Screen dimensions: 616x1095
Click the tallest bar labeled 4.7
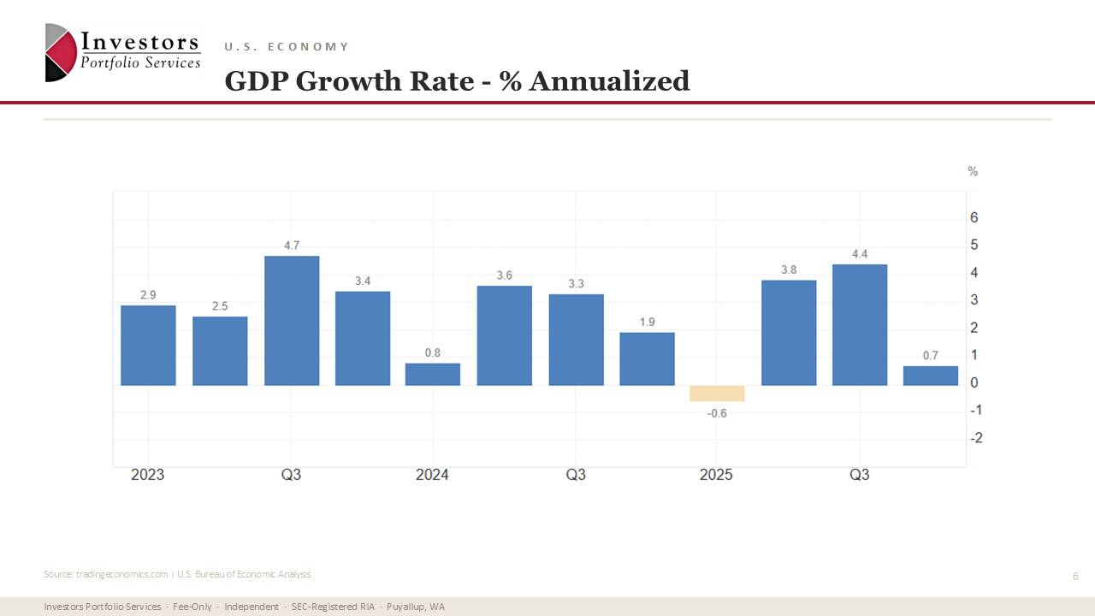(x=292, y=321)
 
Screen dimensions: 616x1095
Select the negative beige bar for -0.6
(x=717, y=394)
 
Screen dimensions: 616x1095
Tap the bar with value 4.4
(x=860, y=325)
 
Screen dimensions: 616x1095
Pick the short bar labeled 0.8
(x=433, y=375)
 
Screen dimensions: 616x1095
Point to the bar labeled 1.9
(x=647, y=359)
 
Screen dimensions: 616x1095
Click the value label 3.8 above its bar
(x=789, y=269)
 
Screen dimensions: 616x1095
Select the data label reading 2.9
(x=148, y=295)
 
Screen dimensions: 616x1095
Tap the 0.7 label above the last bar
(x=931, y=356)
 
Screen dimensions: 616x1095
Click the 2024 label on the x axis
(x=432, y=475)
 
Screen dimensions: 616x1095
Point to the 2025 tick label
(x=716, y=475)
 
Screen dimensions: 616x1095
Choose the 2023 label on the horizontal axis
(x=148, y=475)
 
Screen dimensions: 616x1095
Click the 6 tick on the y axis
(x=974, y=218)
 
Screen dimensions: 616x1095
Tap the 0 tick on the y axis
(x=974, y=383)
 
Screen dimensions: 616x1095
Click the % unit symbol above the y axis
(x=973, y=172)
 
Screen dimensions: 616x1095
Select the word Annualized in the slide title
(x=609, y=81)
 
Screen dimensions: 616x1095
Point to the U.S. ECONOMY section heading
(x=287, y=47)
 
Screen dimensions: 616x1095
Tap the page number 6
(x=1075, y=577)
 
